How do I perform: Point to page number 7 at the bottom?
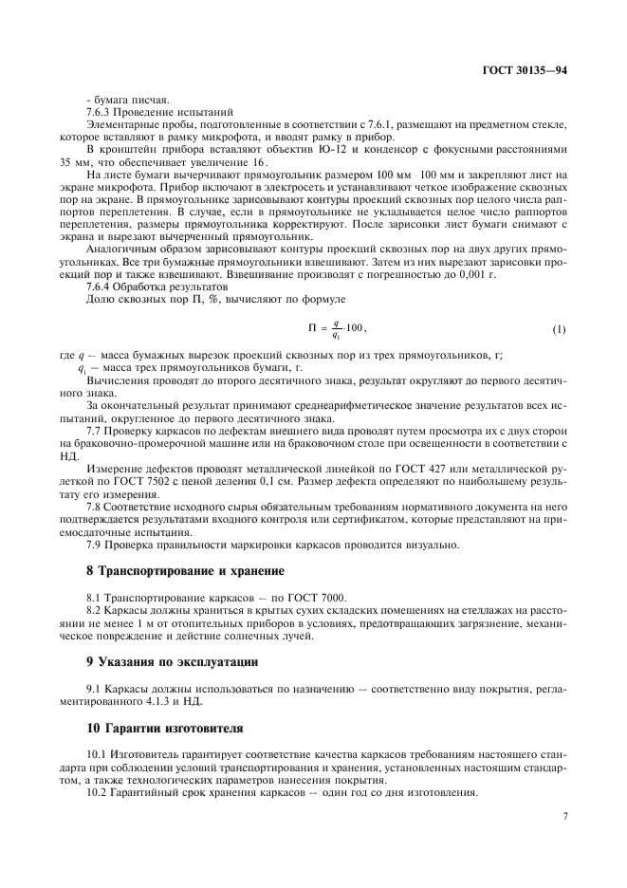(563, 815)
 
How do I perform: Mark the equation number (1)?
(558, 329)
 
